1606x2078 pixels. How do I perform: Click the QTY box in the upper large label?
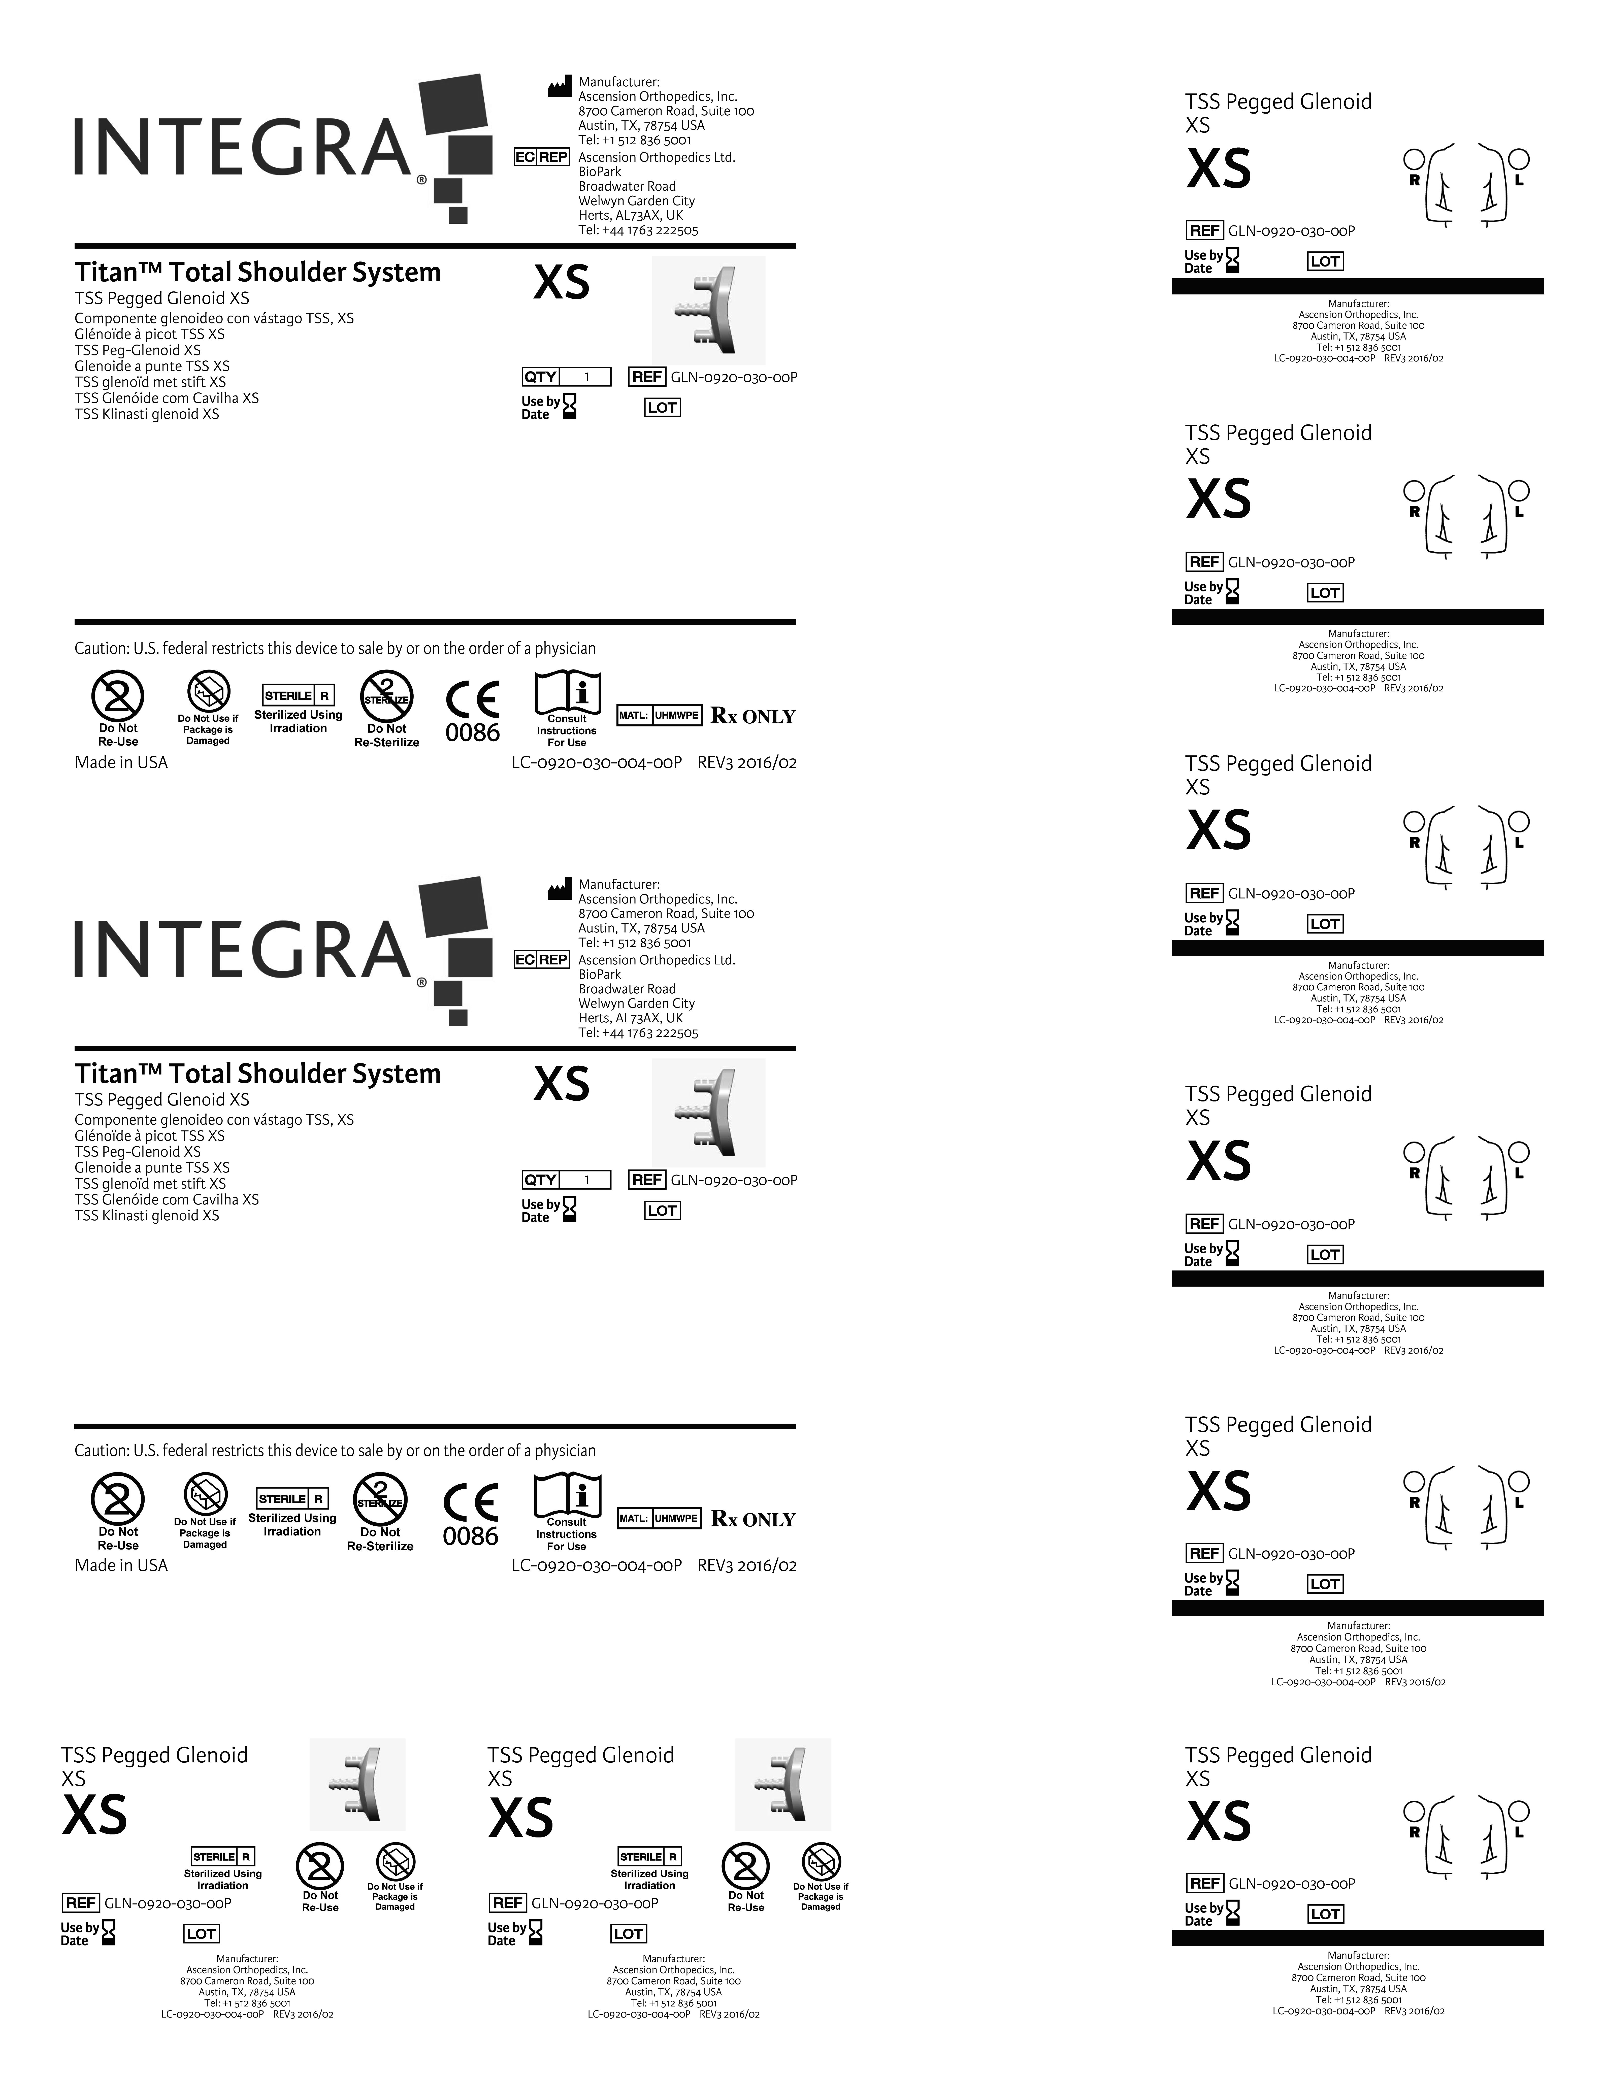pos(566,377)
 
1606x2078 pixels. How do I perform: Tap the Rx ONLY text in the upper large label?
pos(752,716)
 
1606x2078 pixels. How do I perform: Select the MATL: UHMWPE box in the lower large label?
pos(659,1519)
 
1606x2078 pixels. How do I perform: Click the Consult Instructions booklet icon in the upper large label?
pos(567,690)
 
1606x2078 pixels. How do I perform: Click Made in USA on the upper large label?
pos(121,762)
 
